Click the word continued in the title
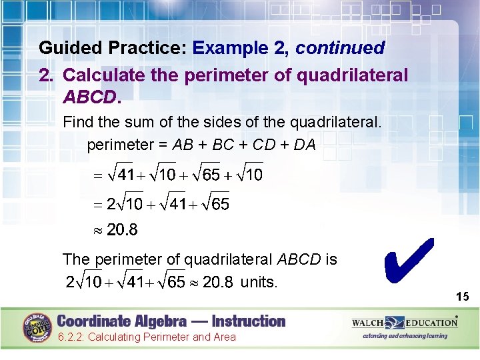[340, 48]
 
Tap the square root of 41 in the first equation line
[122, 175]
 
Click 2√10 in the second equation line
[125, 203]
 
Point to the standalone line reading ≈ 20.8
[115, 231]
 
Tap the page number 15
[463, 296]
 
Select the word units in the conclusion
[259, 282]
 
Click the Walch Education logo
[405, 323]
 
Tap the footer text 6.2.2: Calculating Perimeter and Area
[146, 337]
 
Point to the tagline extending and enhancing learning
[405, 336]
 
